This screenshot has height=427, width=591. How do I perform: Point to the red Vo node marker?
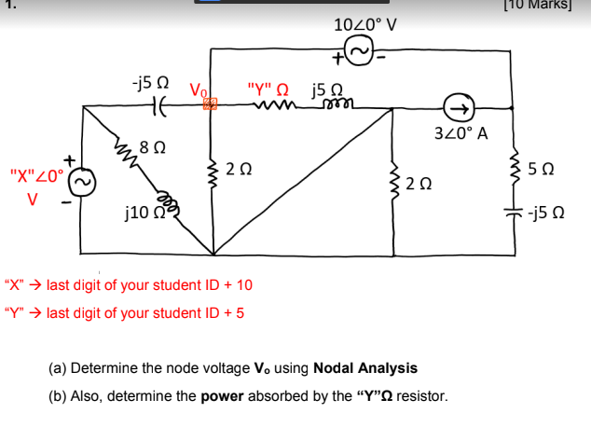click(x=211, y=105)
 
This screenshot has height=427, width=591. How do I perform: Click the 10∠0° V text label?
click(x=364, y=24)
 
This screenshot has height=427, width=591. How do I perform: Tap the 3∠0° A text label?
click(x=462, y=133)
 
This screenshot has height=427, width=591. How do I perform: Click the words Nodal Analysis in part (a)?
click(x=366, y=368)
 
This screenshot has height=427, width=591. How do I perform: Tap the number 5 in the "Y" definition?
click(x=241, y=313)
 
